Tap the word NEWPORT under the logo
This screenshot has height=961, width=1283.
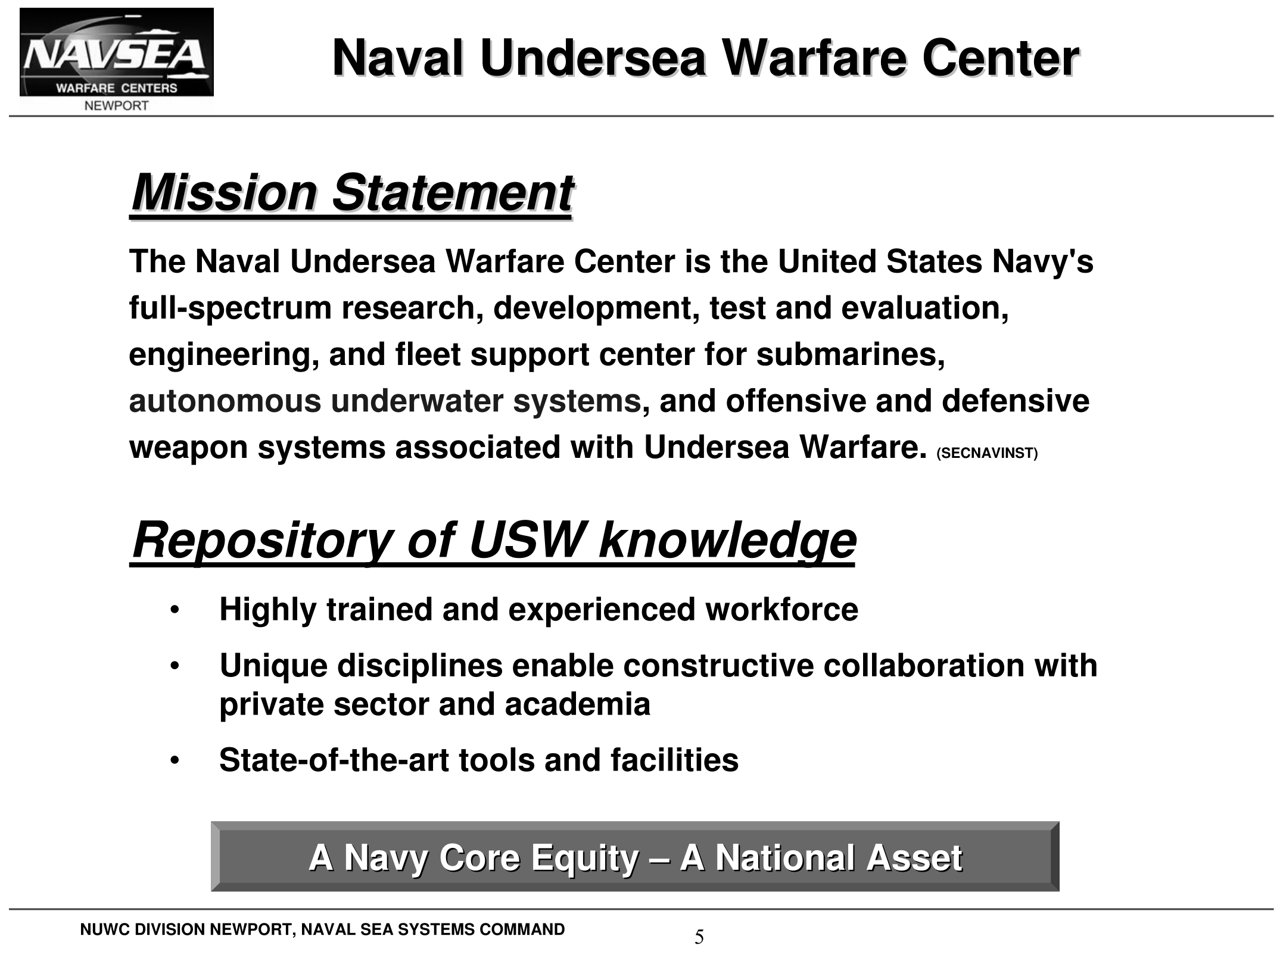(117, 106)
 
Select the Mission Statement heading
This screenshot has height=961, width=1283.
(351, 193)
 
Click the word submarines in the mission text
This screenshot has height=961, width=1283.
(851, 355)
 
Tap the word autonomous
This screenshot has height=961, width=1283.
(225, 401)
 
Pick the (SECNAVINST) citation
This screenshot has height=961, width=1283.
(987, 454)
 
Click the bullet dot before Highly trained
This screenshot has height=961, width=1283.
(174, 610)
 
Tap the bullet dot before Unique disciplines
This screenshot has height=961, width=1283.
(174, 666)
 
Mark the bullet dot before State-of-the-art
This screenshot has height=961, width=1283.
(174, 761)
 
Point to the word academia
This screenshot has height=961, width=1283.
(577, 704)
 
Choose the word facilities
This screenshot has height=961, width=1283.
(674, 760)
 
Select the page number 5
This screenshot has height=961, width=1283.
(699, 938)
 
